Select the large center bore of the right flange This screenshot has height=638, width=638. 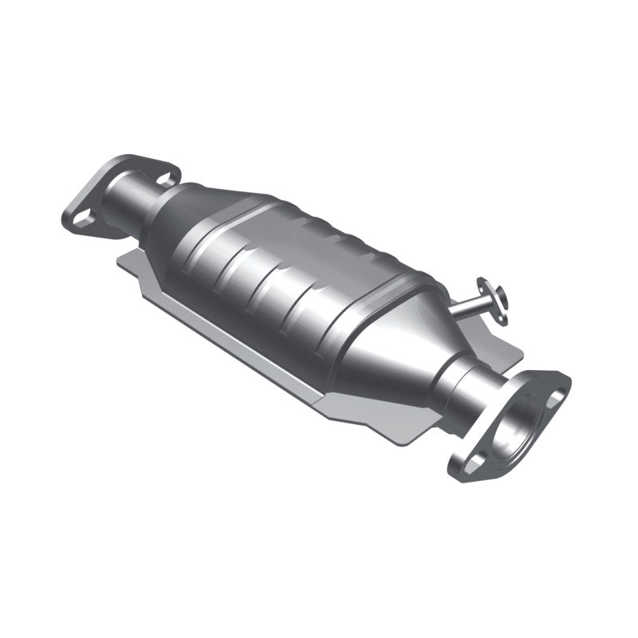510,422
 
